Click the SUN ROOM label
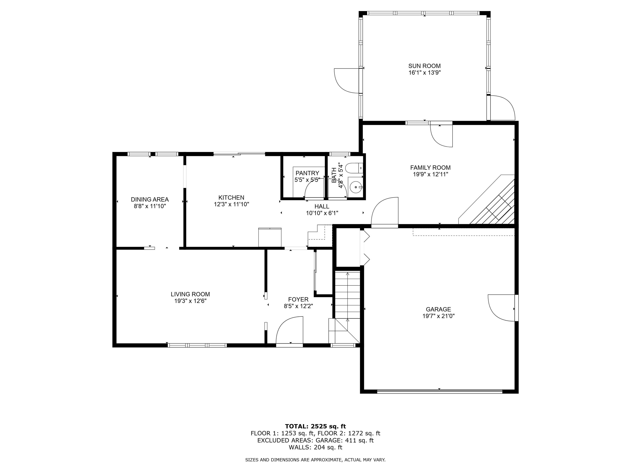tap(425, 66)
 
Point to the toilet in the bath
tap(354, 168)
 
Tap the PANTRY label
tap(307, 173)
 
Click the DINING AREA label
tap(150, 200)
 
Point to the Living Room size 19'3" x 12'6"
tap(190, 301)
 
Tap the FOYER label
tap(298, 299)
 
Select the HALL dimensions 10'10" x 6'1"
tap(322, 213)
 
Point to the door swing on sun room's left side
tap(347, 80)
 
